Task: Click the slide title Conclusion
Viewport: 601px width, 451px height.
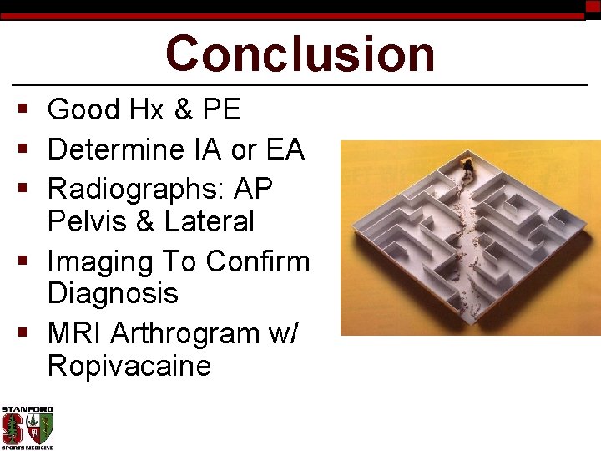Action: pos(300,53)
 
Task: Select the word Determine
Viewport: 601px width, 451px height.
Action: pos(117,150)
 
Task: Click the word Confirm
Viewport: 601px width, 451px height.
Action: pos(258,261)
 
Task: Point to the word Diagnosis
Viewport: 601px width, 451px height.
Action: pos(113,294)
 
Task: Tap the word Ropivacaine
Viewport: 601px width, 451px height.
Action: pos(129,367)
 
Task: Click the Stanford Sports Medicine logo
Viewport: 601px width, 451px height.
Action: pos(27,428)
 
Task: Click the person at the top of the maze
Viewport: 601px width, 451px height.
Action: pos(465,170)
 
